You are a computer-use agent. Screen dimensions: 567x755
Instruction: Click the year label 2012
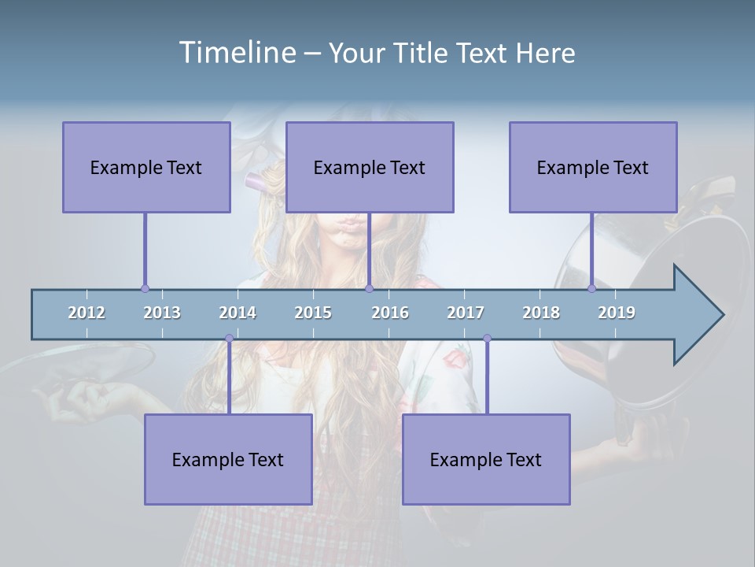[x=87, y=313]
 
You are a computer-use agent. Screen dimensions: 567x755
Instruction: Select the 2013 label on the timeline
[x=162, y=313]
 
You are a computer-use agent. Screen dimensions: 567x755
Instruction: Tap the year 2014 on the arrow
[x=238, y=313]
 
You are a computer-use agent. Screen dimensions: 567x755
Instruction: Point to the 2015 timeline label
[x=313, y=313]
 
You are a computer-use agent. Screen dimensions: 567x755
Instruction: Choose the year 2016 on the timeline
[x=390, y=313]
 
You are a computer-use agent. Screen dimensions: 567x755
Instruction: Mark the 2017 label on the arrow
[x=466, y=313]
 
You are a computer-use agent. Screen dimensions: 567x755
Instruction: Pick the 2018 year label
[x=541, y=313]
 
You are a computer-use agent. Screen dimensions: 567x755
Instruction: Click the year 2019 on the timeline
[x=617, y=313]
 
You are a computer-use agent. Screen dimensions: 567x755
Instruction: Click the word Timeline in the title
[x=236, y=53]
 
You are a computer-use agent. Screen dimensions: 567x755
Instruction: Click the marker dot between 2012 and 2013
[x=145, y=289]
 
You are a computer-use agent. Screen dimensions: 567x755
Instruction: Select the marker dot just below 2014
[x=229, y=339]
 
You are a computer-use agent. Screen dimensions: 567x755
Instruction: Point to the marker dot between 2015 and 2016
[x=369, y=289]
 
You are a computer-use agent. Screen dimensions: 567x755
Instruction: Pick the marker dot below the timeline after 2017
[x=487, y=339]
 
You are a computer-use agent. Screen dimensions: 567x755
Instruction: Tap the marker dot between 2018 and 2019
[x=591, y=289]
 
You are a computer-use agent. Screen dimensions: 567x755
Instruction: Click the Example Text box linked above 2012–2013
[x=146, y=167]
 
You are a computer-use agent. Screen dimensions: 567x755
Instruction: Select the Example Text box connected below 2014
[x=228, y=459]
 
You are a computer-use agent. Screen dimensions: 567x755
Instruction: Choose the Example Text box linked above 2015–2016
[x=370, y=167]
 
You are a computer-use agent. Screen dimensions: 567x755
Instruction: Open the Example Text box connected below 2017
[x=486, y=459]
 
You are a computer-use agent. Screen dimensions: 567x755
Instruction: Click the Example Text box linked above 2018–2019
[x=593, y=167]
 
